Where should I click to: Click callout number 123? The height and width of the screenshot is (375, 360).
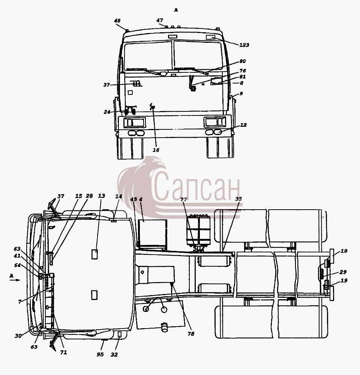pyautogui.click(x=244, y=45)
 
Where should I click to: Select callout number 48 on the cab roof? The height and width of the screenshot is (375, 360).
pyautogui.click(x=117, y=21)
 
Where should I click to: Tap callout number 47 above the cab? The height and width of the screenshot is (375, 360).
pyautogui.click(x=160, y=20)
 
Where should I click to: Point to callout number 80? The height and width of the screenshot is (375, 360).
pyautogui.click(x=243, y=61)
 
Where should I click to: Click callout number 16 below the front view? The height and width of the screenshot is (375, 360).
pyautogui.click(x=156, y=150)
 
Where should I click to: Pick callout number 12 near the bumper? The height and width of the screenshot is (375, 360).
pyautogui.click(x=243, y=125)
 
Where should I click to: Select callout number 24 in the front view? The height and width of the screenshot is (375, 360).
pyautogui.click(x=107, y=112)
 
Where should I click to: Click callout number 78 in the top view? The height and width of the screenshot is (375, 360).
pyautogui.click(x=191, y=334)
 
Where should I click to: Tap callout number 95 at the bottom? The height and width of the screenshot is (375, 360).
pyautogui.click(x=100, y=354)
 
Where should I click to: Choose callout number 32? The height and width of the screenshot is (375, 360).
pyautogui.click(x=114, y=354)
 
